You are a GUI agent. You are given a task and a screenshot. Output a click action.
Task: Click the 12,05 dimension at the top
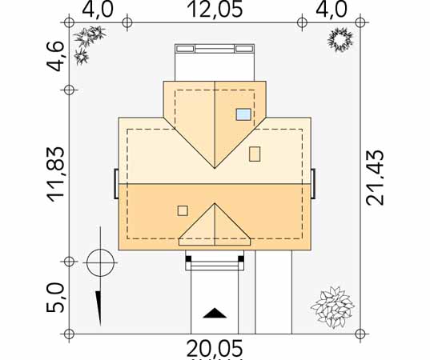(x=215, y=10)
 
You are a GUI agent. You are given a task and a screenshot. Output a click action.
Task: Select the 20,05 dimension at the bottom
(x=215, y=348)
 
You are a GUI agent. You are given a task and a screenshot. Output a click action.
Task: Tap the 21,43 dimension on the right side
(x=376, y=178)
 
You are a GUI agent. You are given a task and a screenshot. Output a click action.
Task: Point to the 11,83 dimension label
(x=56, y=174)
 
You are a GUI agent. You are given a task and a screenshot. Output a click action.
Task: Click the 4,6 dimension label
(x=55, y=56)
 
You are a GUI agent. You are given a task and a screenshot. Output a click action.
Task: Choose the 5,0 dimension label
(x=55, y=298)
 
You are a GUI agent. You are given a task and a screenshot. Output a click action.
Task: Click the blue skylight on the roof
(x=243, y=114)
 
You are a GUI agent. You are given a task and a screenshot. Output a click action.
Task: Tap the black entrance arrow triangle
(x=215, y=313)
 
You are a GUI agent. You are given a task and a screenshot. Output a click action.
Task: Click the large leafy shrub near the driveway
(x=333, y=307)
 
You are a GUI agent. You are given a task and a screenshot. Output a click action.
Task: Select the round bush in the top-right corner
(x=340, y=40)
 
